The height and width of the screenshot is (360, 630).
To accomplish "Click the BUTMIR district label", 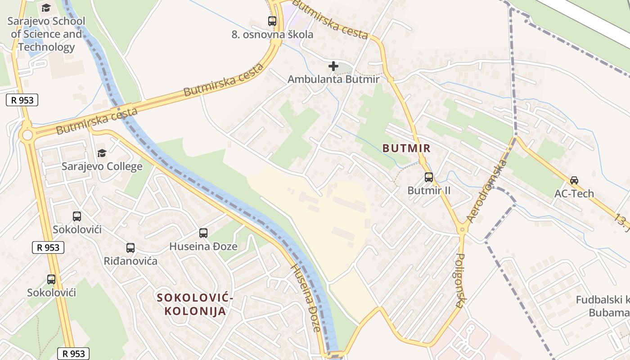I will (406, 148).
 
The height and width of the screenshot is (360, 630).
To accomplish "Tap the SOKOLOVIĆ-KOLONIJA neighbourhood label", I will (195, 304).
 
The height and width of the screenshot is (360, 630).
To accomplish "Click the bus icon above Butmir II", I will (428, 177).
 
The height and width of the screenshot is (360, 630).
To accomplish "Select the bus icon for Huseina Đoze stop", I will (203, 233).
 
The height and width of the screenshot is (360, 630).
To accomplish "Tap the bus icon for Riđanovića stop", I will (130, 247).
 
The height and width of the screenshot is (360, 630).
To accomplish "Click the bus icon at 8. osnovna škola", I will (272, 21).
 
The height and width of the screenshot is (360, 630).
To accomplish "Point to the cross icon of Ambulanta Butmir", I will (333, 66).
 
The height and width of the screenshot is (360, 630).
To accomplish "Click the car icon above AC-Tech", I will (574, 180).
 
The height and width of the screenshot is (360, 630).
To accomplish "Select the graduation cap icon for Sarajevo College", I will (102, 153).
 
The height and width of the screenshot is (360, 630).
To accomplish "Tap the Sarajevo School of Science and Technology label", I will (46, 34).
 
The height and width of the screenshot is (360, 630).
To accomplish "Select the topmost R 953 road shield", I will (22, 100).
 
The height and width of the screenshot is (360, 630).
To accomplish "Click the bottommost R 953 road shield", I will (73, 353).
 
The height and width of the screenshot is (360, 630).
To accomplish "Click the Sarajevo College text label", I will (102, 166).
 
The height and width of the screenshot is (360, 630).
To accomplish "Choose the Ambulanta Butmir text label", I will (333, 79).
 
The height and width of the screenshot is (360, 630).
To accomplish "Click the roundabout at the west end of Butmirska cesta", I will (27, 135).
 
